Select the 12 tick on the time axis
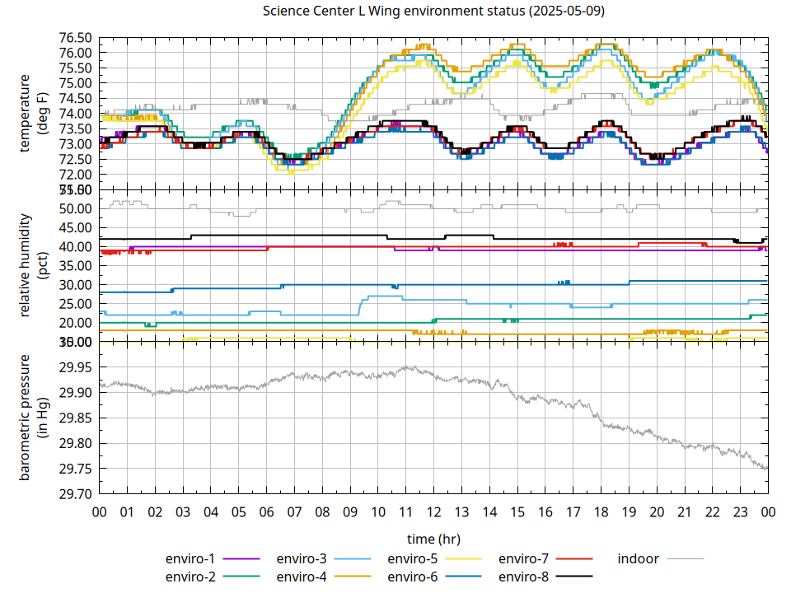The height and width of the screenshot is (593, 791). (433, 511)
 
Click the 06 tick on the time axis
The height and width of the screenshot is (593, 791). (266, 511)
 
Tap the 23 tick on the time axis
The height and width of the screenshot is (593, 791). (740, 511)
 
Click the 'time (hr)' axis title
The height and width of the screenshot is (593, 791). (433, 539)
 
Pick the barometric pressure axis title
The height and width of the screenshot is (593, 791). (33, 418)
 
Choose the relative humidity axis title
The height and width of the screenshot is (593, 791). (33, 265)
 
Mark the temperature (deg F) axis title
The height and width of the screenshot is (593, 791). (33, 113)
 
